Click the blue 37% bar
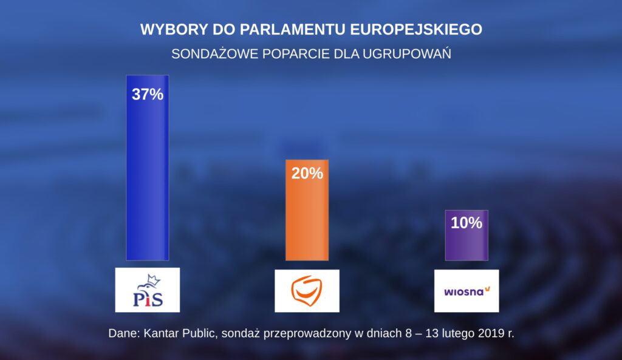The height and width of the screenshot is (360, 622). pyautogui.click(x=148, y=168)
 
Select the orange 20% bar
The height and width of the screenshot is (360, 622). pyautogui.click(x=307, y=210)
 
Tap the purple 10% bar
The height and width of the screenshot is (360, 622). pyautogui.click(x=466, y=235)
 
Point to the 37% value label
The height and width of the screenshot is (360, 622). pyautogui.click(x=148, y=94)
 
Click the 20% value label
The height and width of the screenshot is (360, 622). pyautogui.click(x=307, y=173)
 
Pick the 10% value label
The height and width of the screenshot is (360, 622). pyautogui.click(x=466, y=223)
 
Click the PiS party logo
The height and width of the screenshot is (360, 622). pyautogui.click(x=148, y=290)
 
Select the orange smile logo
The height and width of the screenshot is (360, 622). pyautogui.click(x=307, y=291)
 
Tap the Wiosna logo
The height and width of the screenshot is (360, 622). pyautogui.click(x=467, y=291)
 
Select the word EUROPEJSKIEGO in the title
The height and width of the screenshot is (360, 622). pyautogui.click(x=417, y=30)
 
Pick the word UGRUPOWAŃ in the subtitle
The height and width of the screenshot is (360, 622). pyautogui.click(x=406, y=53)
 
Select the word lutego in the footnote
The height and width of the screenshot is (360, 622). pyautogui.click(x=456, y=334)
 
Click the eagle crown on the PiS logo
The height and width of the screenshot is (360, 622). pyautogui.click(x=154, y=279)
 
